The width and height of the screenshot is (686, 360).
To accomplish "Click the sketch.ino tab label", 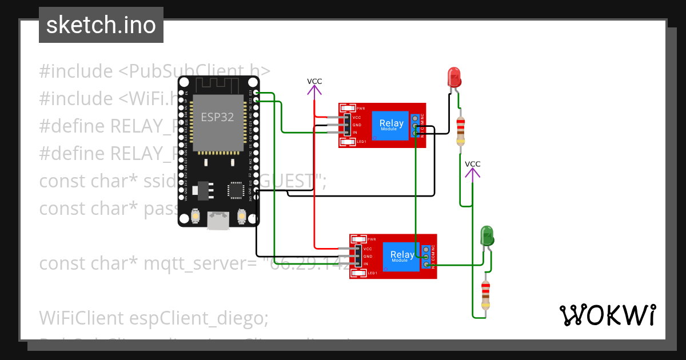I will click(x=101, y=25).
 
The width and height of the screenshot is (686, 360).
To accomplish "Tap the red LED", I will click(x=454, y=77).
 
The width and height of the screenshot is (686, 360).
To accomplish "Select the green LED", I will click(x=486, y=235).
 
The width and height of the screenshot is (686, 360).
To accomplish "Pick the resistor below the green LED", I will click(x=485, y=294).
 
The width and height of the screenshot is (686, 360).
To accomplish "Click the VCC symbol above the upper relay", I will click(x=314, y=86).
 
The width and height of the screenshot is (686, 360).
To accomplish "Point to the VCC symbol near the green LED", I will click(x=472, y=169).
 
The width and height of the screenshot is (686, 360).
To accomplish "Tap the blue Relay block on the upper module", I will click(x=391, y=125).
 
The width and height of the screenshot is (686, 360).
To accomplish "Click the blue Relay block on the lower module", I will click(x=402, y=257).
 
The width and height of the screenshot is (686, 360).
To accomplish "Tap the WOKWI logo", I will click(x=607, y=315).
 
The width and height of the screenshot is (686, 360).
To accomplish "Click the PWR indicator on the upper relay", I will click(x=348, y=108).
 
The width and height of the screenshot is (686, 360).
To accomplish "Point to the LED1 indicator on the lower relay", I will click(x=359, y=274).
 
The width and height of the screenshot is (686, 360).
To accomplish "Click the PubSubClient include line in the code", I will click(x=154, y=71).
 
